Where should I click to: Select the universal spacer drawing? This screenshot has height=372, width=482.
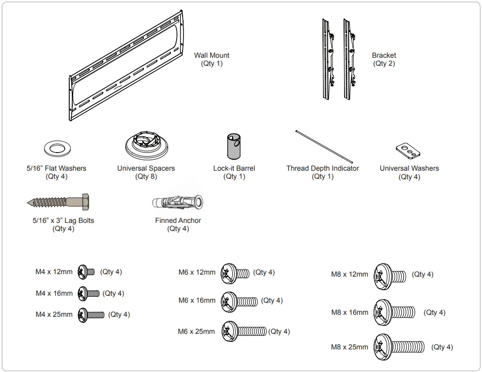point(146,145)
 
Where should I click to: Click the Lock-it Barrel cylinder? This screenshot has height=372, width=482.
point(234,147)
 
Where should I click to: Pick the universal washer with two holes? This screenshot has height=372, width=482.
point(407,150)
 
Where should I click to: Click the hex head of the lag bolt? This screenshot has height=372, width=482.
point(85,202)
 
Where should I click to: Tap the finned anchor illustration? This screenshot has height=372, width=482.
point(178,202)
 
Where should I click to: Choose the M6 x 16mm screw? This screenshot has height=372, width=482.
point(240,301)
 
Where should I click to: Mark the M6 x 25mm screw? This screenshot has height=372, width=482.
point(244,332)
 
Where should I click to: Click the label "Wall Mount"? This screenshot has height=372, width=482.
point(212,55)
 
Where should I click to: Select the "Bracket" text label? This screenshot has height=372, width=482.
point(384,55)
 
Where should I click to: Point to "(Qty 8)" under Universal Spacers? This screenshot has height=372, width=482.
point(146,177)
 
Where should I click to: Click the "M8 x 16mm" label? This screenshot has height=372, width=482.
point(350,312)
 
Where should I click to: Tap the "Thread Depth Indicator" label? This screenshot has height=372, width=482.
point(323,168)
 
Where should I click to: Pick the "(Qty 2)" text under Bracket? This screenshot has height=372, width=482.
point(384,64)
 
